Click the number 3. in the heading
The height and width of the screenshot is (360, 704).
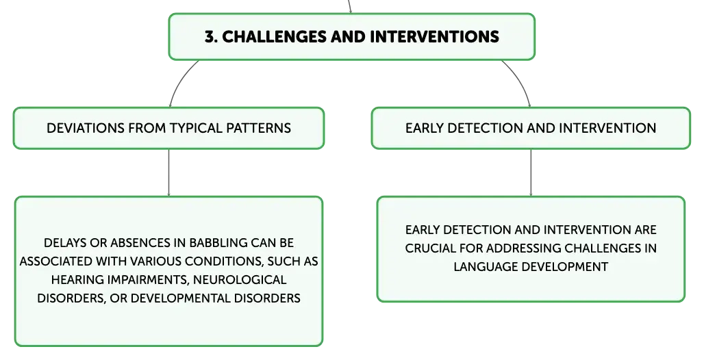[211, 36]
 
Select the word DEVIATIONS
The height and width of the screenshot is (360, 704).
[86, 128]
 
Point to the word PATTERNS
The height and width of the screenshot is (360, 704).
[259, 128]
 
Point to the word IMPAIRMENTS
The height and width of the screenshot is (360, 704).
[148, 280]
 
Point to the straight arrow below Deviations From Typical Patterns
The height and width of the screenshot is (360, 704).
[169, 172]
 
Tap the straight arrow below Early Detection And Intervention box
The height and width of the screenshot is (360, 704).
[531, 172]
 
